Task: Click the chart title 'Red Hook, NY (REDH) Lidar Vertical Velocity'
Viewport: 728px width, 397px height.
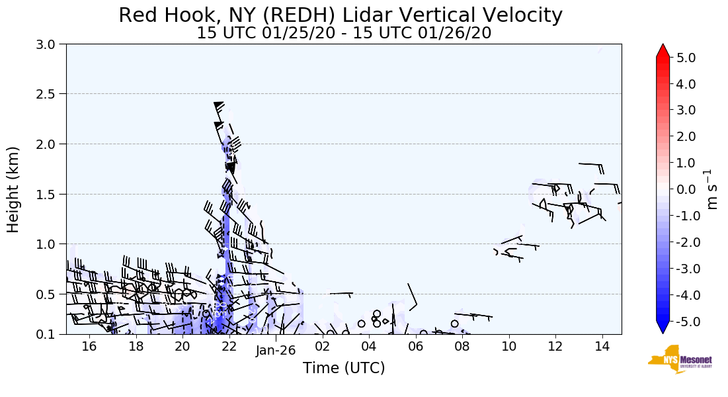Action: tap(341, 15)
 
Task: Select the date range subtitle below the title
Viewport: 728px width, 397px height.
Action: tap(344, 33)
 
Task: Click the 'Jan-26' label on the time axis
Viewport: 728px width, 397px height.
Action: tap(275, 351)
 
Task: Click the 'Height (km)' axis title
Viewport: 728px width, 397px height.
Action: tap(13, 189)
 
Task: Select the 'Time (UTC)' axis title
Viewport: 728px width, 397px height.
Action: tap(344, 369)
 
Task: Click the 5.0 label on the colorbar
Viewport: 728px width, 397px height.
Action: tap(686, 58)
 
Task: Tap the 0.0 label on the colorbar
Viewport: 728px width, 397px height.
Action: tap(686, 189)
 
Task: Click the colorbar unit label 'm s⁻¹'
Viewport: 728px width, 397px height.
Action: tap(712, 189)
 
